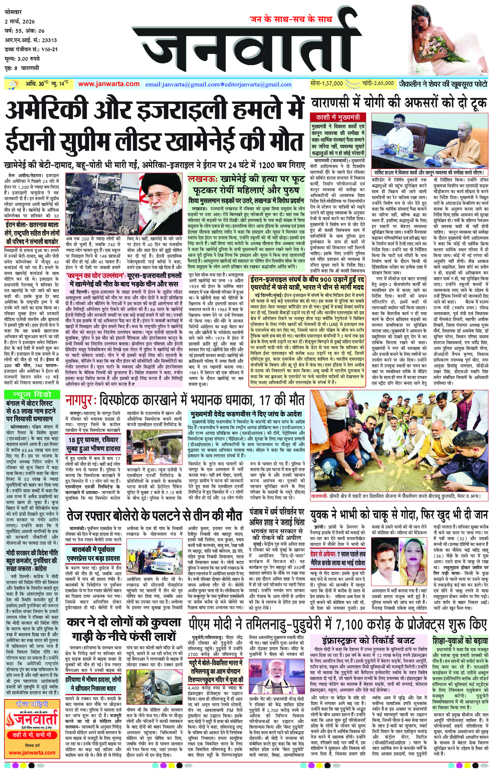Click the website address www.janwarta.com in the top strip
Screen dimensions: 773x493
(x=109, y=84)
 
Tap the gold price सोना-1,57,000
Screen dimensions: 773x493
(x=326, y=83)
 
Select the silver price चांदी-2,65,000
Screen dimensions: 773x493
(x=378, y=83)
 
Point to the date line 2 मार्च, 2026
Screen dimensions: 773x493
(x=20, y=22)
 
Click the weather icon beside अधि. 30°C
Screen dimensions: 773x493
(x=15, y=84)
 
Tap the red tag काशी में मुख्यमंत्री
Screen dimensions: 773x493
(x=337, y=117)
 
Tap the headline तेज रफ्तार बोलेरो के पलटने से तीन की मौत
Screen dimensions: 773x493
(x=155, y=515)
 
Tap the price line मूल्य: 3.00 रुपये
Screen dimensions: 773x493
(x=22, y=59)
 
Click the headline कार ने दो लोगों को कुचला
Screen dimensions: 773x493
(x=124, y=622)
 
